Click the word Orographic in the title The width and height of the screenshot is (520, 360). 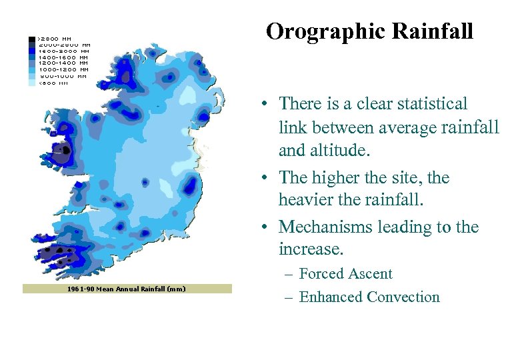(325, 31)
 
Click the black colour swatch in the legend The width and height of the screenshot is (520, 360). (32, 39)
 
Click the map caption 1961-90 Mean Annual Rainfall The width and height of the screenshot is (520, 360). (127, 289)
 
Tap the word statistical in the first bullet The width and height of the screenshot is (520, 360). (427, 104)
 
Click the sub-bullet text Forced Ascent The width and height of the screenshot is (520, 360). (345, 274)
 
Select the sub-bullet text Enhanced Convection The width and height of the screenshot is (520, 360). (369, 297)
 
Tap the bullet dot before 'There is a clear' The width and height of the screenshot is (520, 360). (265, 105)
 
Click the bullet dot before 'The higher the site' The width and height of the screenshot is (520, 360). (265, 179)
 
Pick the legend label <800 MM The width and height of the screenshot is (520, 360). (53, 83)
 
